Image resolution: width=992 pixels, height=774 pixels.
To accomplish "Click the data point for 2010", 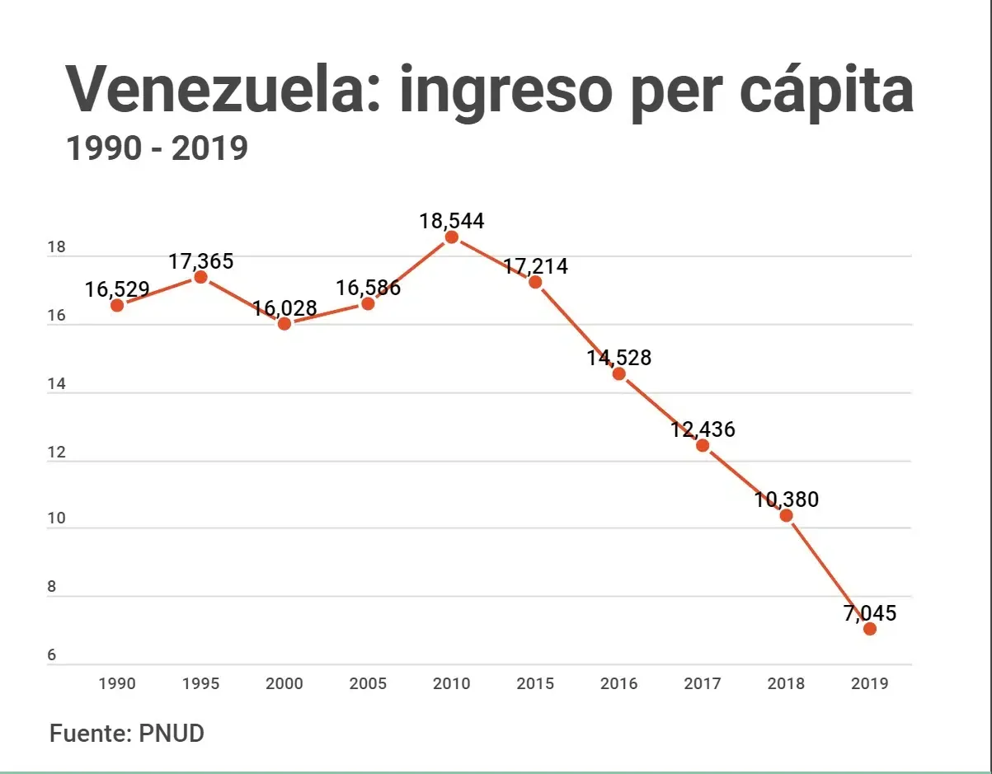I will (x=452, y=237).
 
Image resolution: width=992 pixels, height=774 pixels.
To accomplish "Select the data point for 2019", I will (x=869, y=629).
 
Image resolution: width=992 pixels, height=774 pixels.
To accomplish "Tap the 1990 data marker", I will (x=117, y=305).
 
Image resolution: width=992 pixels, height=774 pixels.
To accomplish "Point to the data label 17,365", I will (x=201, y=262).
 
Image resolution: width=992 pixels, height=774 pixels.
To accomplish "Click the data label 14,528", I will (x=619, y=358).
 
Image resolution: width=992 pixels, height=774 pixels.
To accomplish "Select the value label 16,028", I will (x=284, y=308).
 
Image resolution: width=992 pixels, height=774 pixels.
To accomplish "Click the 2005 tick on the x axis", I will (x=368, y=684).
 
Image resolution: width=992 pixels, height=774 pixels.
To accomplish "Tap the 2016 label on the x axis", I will (x=618, y=684).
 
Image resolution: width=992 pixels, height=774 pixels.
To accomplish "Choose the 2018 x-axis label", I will (x=786, y=684).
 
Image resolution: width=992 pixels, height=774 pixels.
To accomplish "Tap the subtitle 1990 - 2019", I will (x=157, y=148).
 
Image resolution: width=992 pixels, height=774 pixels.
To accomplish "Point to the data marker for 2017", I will (x=703, y=446).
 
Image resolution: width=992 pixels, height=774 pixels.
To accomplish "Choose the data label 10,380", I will (x=787, y=500).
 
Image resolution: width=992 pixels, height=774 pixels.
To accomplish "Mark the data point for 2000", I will (x=284, y=324).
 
